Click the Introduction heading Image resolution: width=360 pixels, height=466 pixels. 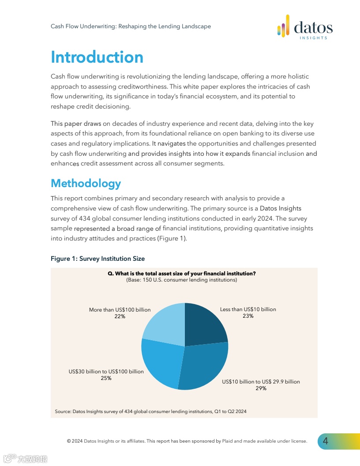click(97, 57)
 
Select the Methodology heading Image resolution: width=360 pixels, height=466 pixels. click(86, 183)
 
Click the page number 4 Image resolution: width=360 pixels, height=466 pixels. click(326, 441)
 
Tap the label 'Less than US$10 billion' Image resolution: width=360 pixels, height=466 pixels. click(248, 309)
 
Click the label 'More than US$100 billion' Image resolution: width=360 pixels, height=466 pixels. click(120, 310)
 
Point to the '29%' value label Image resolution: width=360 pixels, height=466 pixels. click(261, 388)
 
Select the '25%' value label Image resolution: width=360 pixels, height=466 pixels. click(106, 378)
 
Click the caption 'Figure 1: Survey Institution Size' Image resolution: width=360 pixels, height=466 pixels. click(97, 259)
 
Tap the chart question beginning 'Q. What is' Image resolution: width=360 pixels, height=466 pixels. click(182, 274)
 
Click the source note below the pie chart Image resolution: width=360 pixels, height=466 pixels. click(150, 411)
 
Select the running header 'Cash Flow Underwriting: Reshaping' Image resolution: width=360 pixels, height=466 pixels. click(131, 26)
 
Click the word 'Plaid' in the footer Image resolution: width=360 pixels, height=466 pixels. click(228, 441)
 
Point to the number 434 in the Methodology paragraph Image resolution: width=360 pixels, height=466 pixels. click(85, 218)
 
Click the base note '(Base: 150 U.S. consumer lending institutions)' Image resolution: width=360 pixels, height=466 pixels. click(182, 280)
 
